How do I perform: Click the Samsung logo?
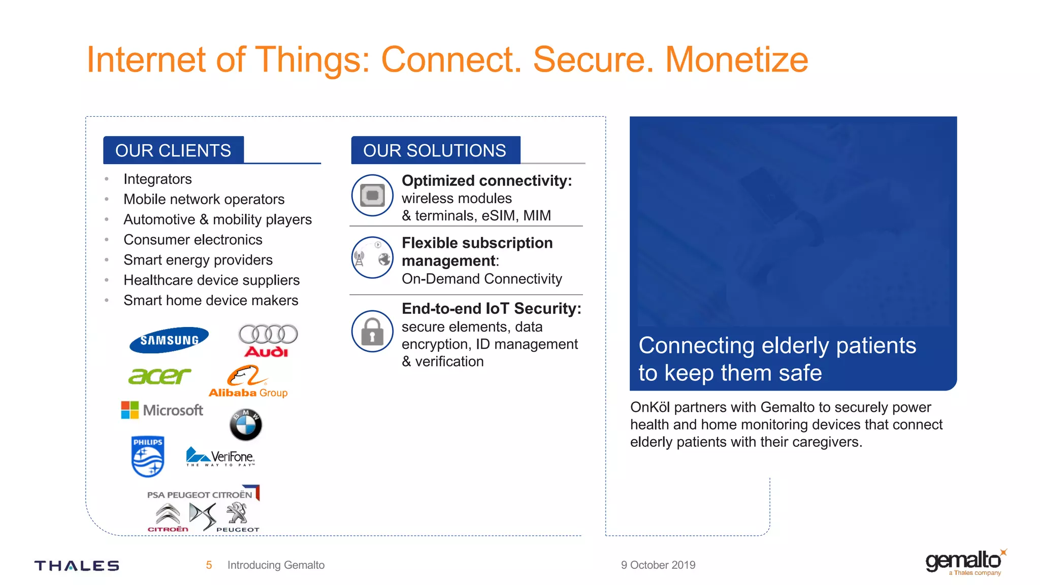(169, 340)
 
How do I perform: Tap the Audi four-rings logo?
(268, 340)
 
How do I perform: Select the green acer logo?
(159, 376)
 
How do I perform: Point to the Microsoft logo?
(162, 410)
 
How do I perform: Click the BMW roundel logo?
(246, 425)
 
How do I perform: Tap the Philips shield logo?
(147, 456)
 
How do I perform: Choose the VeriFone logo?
(220, 457)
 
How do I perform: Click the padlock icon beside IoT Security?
(372, 332)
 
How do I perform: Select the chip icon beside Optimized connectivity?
(372, 196)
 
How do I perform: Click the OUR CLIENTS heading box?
(173, 150)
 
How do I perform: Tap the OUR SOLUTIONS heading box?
(435, 150)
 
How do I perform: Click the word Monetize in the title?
(736, 60)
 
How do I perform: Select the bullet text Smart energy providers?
(198, 260)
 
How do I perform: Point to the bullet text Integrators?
(157, 179)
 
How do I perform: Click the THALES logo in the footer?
(77, 566)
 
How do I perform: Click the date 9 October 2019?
(658, 565)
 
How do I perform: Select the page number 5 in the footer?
(209, 565)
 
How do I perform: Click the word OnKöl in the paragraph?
(649, 407)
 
